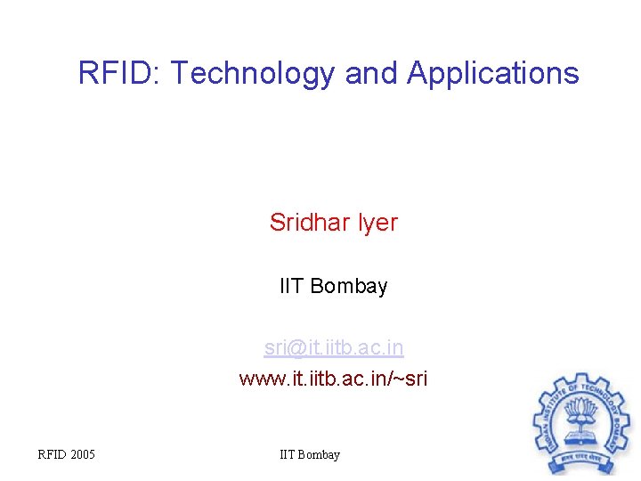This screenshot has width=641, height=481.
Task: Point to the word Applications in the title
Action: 493,73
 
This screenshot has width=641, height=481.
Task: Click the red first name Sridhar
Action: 311,222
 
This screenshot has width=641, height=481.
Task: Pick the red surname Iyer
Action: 378,222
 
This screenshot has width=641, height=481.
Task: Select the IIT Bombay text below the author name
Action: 334,286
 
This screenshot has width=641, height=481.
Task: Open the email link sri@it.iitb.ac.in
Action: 334,346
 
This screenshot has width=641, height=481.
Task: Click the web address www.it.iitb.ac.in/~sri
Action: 333,378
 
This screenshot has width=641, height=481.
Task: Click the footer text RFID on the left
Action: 52,455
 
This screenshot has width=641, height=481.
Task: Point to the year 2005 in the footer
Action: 82,455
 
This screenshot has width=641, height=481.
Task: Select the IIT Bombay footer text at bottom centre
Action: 310,455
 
